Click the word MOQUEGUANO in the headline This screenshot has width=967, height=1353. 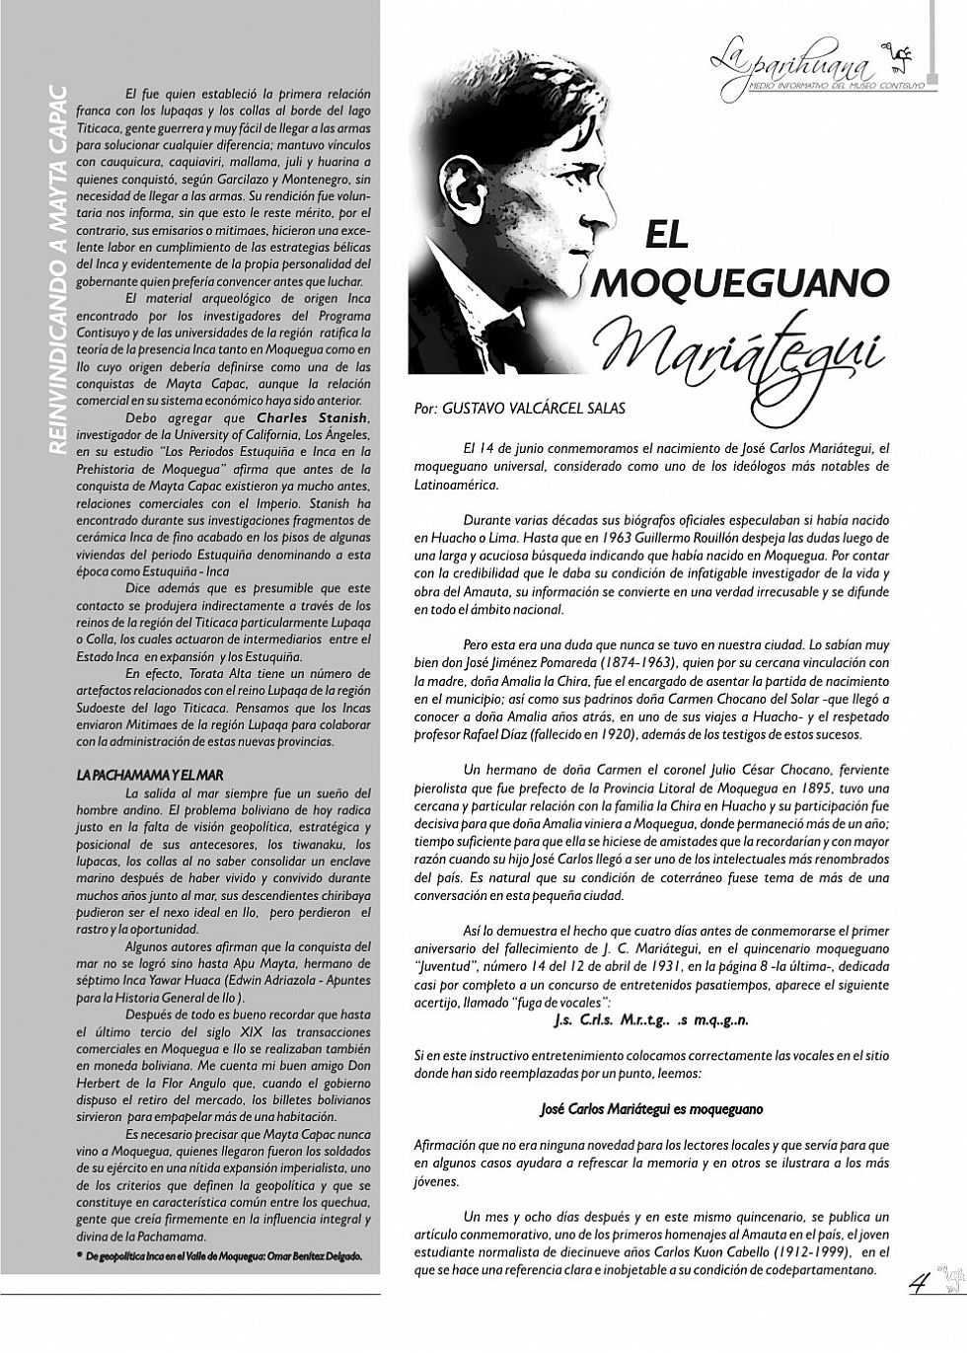coord(743,283)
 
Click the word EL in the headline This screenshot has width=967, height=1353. coord(667,234)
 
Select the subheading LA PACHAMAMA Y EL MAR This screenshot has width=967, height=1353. coord(143,776)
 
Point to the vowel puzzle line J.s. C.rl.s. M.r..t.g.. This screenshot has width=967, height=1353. coord(651,1020)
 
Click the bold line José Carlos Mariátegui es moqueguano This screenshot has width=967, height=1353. coord(651,1108)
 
